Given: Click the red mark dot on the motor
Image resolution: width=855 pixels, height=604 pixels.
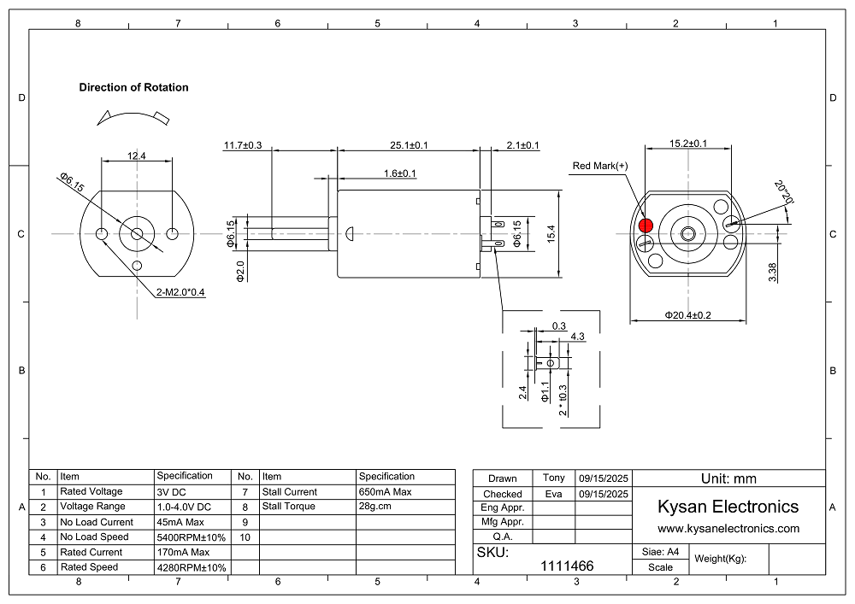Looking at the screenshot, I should point(645,226).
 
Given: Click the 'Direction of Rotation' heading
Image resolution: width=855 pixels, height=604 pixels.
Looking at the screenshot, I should point(133,87).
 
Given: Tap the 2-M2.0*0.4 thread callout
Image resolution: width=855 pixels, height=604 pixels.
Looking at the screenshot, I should point(181,292).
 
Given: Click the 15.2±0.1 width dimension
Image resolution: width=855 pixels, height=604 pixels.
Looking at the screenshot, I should point(687,143).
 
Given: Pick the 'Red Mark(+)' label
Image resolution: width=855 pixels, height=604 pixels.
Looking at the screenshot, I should point(599,166).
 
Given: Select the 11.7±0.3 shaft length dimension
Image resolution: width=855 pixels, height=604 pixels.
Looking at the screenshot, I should point(243,145).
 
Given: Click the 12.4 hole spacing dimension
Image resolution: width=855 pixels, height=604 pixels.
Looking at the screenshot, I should point(137,155).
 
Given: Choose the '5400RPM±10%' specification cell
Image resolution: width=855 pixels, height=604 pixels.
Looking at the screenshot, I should point(192,537).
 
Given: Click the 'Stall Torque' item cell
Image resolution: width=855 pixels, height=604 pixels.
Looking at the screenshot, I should point(289,507).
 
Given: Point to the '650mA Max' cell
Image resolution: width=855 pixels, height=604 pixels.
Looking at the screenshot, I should point(385,492).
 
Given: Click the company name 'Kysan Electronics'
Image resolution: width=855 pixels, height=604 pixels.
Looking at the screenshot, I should point(728,507).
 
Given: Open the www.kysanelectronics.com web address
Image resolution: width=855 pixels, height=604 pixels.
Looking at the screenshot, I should point(728,529).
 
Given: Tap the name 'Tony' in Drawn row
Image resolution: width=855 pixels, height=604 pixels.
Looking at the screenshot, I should point(553,478).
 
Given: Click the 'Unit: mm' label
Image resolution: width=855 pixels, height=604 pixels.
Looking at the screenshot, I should point(728,478).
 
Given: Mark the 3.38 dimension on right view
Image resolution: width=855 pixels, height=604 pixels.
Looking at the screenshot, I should point(773,272).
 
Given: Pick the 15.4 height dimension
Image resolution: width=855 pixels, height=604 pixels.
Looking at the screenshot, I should point(551,232).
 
